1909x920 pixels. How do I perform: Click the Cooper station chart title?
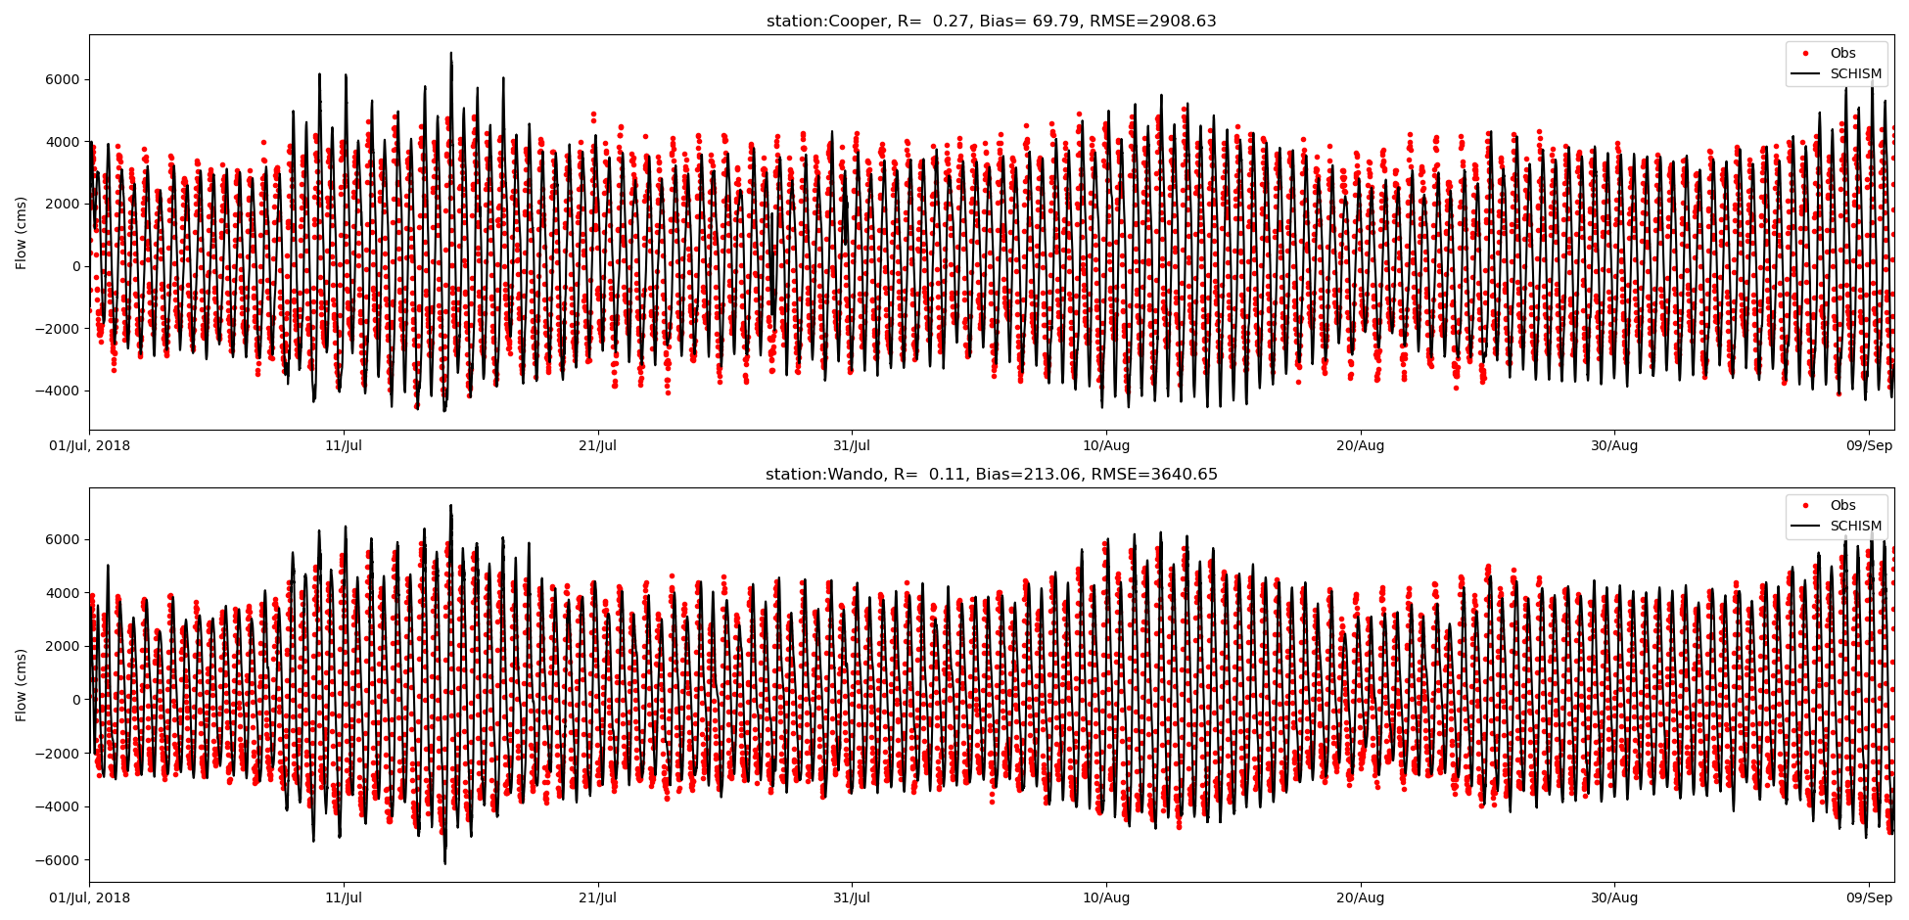click(x=991, y=22)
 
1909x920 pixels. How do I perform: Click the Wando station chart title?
click(x=991, y=475)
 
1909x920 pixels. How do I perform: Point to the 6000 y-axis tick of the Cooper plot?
click(x=61, y=79)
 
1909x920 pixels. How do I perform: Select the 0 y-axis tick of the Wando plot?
click(x=75, y=700)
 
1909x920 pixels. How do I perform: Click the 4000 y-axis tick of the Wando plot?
click(x=61, y=593)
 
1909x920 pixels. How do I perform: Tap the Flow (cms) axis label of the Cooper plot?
click(x=22, y=232)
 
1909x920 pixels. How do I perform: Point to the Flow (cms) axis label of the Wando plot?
click(x=22, y=685)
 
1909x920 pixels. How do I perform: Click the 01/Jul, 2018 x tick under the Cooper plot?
click(x=89, y=446)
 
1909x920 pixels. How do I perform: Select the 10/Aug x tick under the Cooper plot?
click(x=1105, y=446)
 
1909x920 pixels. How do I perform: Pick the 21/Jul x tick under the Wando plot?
click(x=597, y=898)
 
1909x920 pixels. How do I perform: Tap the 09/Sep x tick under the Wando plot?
click(x=1868, y=898)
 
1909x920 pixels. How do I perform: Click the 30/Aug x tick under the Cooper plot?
click(x=1613, y=446)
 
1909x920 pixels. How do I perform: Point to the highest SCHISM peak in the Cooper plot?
click(x=451, y=54)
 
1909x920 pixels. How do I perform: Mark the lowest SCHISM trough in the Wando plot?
click(x=444, y=862)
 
